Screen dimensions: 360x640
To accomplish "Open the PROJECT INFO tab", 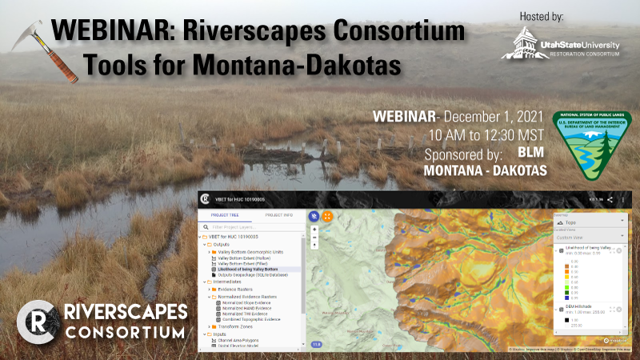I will coord(279,215).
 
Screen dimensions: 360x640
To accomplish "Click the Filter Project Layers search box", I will coord(252,226).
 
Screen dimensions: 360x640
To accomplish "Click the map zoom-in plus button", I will coord(315,230).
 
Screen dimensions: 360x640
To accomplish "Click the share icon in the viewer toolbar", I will coord(610,200).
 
